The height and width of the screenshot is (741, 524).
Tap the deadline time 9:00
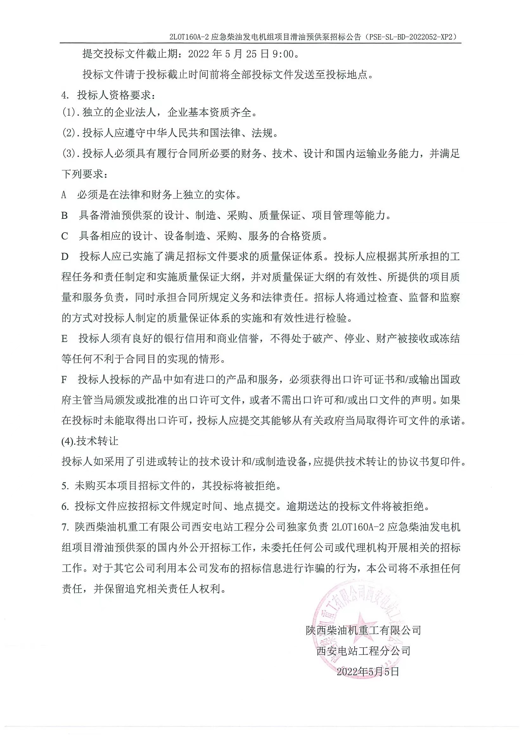pos(284,54)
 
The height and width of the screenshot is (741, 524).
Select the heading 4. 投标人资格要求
pos(108,95)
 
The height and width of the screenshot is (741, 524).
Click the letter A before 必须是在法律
pos(64,195)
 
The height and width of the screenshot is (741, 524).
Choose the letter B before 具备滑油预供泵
pos(65,216)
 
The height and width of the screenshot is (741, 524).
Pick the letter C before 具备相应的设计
pos(65,236)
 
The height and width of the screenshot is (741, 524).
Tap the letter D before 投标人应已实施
pos(65,257)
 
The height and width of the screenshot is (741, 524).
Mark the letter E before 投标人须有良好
pos(65,339)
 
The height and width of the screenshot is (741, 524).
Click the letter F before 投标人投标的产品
pos(64,380)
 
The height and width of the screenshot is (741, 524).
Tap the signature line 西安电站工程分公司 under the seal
pos(363,651)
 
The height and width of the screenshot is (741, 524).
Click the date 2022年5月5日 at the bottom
pos(368,672)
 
